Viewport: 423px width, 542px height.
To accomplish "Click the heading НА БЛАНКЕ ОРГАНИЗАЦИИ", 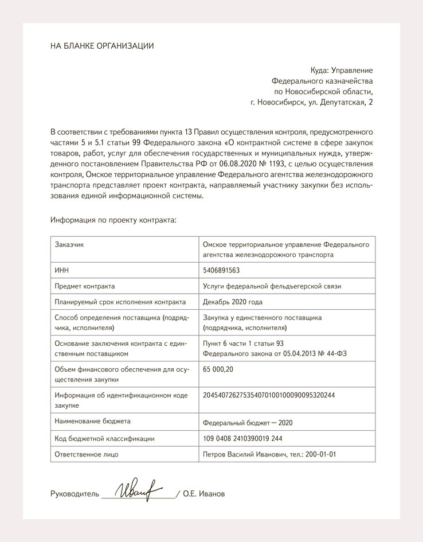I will (x=102, y=46).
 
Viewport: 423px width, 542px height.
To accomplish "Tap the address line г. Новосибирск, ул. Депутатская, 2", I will (x=311, y=103).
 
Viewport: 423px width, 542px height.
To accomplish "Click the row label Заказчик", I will (x=69, y=244).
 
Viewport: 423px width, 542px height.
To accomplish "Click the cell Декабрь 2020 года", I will (x=232, y=302).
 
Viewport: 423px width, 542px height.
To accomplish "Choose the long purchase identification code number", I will (x=268, y=395).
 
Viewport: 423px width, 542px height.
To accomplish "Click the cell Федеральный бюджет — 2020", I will (x=248, y=422).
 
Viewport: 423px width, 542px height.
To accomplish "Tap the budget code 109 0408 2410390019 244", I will (x=242, y=439).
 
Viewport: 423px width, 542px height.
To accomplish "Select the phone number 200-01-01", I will (x=321, y=454).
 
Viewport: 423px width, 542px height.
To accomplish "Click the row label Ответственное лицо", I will (x=86, y=454).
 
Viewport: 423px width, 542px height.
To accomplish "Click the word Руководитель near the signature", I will (x=75, y=494).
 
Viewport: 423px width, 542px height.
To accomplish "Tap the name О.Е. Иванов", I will (x=204, y=494).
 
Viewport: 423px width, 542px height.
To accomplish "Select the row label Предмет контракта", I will (x=84, y=286).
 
